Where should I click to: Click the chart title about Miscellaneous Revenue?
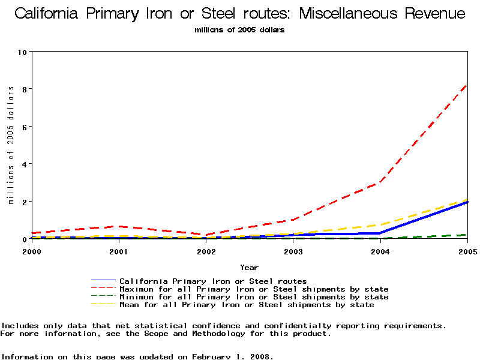coord(239,13)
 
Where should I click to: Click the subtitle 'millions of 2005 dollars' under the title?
coord(239,30)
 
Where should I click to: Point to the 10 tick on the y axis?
coord(23,52)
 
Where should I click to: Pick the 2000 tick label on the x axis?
coord(31,251)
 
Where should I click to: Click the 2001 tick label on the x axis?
coord(119,251)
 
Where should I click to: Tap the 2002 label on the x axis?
coord(206,251)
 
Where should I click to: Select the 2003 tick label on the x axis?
coord(293,251)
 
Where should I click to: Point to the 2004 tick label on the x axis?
coord(380,251)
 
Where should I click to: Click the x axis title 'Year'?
coord(249,267)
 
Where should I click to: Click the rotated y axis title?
coord(10,145)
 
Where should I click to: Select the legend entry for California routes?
coord(213,281)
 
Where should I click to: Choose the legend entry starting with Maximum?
coord(254,289)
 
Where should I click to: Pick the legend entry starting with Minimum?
coord(254,297)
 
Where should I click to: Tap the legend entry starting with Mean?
coord(247,305)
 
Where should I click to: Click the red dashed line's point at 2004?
coord(380,182)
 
